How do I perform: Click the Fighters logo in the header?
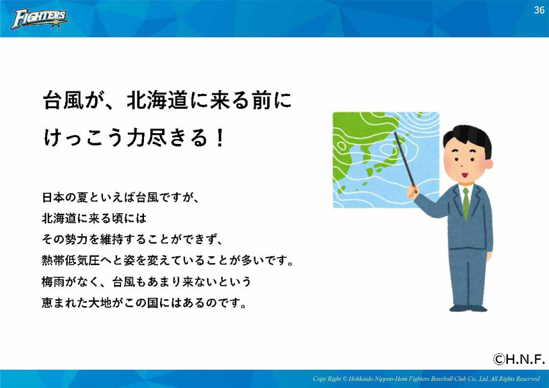[39, 19]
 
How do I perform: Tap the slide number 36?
[539, 10]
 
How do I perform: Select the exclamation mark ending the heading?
[220, 138]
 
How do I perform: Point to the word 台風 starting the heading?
[63, 100]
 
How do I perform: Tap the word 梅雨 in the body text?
[53, 281]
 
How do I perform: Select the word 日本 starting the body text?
[53, 197]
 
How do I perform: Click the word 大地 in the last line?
[100, 303]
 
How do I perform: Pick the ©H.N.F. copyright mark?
[519, 359]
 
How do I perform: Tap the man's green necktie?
[466, 204]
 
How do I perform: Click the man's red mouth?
[465, 175]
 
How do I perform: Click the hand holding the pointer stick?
[412, 192]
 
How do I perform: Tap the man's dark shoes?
[468, 308]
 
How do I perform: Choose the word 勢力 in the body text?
[77, 239]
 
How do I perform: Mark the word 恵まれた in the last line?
[65, 303]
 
